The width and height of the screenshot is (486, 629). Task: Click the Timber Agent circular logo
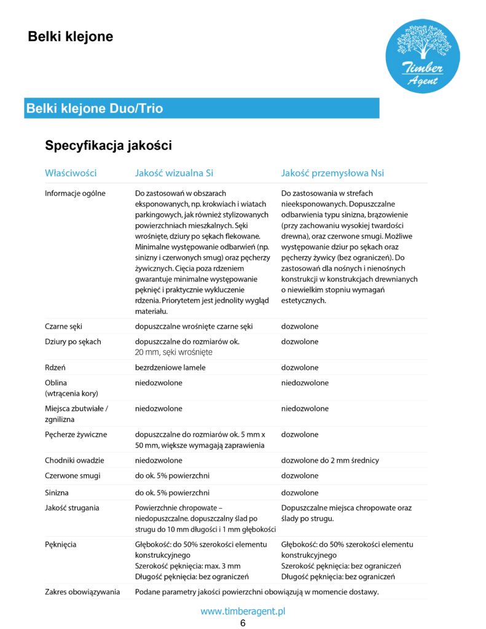pos(422,56)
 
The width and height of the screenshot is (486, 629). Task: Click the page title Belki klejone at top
pos(71,37)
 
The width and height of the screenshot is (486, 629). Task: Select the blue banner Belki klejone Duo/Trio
pos(202,109)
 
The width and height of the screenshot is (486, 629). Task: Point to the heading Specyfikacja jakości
pos(108,146)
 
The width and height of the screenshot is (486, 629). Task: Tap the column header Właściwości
pos(71,173)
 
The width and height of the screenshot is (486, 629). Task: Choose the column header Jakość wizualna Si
pos(174,173)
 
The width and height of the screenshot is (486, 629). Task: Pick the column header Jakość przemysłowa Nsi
pos(332,173)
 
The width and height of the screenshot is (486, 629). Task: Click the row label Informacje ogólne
pos(76,193)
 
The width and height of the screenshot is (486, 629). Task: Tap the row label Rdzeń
pos(56,368)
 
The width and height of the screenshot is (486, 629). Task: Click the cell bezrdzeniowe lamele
pos(170,368)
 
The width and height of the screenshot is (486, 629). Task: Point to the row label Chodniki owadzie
pos(75,461)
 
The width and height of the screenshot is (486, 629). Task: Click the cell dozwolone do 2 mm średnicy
pos(330,461)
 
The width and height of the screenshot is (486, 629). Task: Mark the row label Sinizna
pos(57,493)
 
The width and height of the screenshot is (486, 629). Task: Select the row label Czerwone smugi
pos(73,476)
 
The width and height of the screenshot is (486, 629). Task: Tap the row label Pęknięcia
pos(61,544)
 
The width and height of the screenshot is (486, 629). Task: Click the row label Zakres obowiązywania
pos(82,592)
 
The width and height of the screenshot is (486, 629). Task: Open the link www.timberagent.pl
pos(243,611)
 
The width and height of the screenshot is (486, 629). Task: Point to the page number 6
pos(243,623)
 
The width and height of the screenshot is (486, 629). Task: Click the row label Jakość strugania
pos(72,508)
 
